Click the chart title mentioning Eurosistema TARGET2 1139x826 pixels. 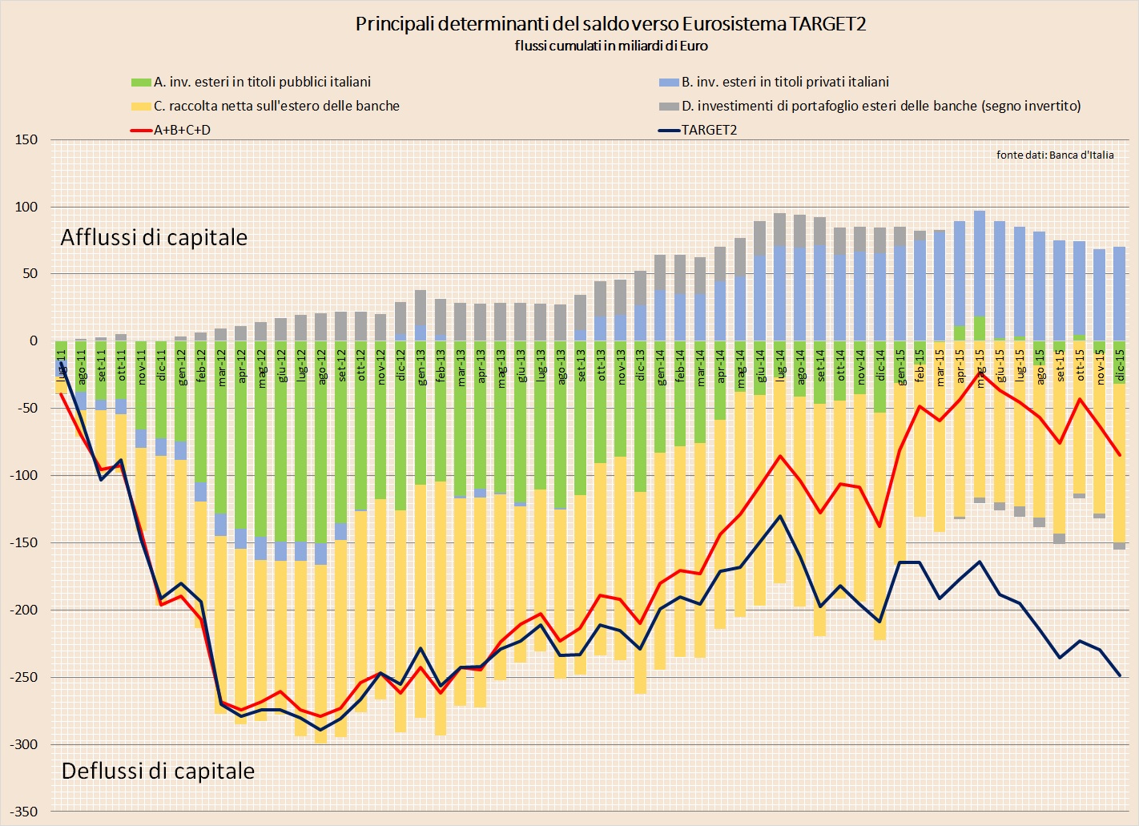[610, 24]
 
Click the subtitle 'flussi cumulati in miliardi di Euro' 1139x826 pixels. [610, 46]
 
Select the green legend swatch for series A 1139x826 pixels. [141, 83]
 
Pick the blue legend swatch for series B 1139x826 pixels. [669, 83]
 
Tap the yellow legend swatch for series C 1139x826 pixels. [141, 107]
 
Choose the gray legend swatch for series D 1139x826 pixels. [669, 107]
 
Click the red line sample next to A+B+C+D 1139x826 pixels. [141, 130]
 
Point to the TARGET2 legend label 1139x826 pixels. [709, 130]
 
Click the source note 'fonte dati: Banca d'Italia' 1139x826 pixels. [1054, 155]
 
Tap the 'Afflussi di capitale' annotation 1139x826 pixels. [154, 237]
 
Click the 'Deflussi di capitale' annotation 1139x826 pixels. [158, 771]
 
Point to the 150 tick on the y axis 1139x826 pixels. [26, 139]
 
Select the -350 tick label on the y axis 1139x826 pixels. [24, 812]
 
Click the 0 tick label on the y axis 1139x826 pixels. [33, 341]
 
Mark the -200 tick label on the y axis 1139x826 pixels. [24, 610]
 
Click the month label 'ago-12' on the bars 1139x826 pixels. [321, 367]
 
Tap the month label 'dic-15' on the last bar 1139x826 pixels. [1119, 365]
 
